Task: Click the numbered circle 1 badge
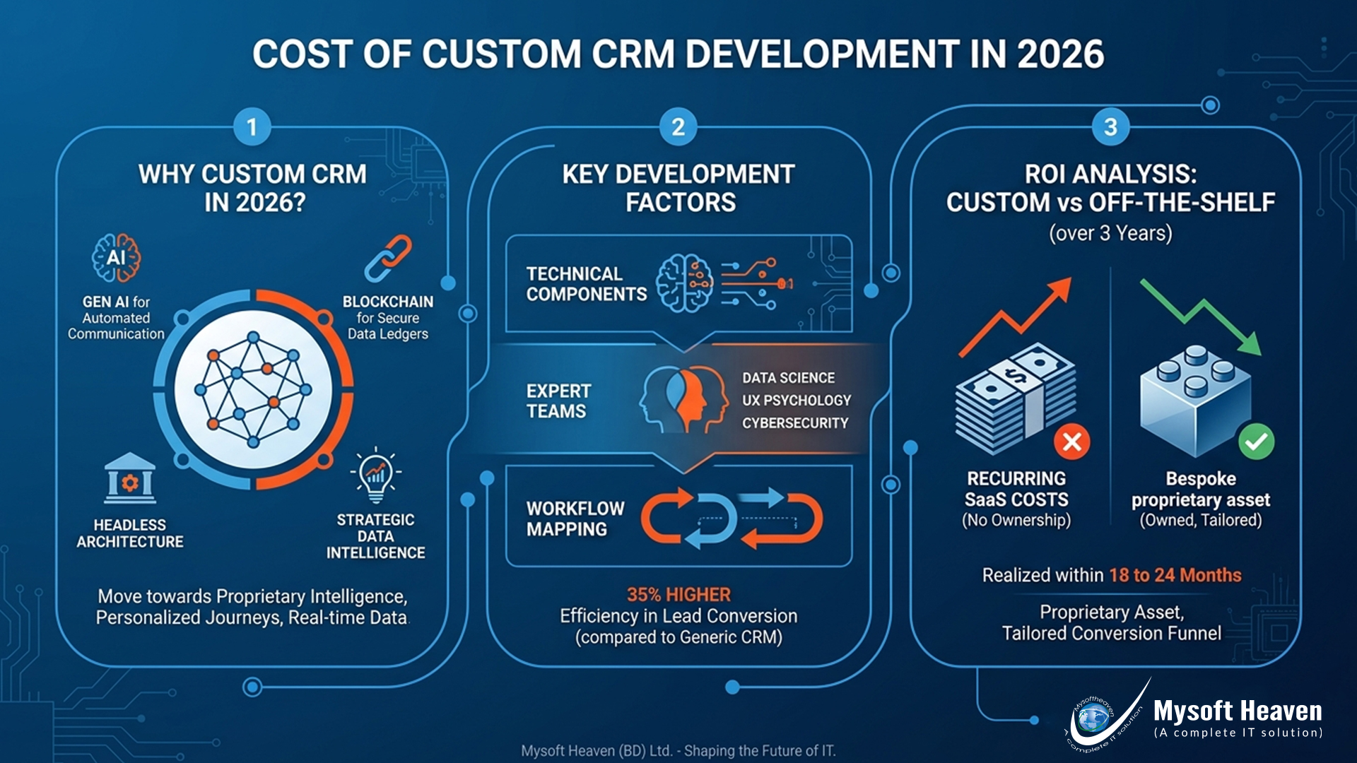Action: pyautogui.click(x=252, y=127)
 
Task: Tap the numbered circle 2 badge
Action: pyautogui.click(x=678, y=127)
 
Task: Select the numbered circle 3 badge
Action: pyautogui.click(x=1110, y=127)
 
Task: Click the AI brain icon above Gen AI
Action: pyautogui.click(x=116, y=258)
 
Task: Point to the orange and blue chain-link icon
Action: pyautogui.click(x=388, y=259)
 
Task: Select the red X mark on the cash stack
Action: pyautogui.click(x=1071, y=442)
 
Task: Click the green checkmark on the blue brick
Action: pyautogui.click(x=1256, y=442)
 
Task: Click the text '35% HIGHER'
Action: pyautogui.click(x=678, y=595)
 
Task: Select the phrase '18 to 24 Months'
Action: pyautogui.click(x=1175, y=575)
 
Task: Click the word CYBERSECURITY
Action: pyautogui.click(x=795, y=423)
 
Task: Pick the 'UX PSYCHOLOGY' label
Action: pyautogui.click(x=797, y=401)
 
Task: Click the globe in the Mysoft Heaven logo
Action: pyautogui.click(x=1092, y=719)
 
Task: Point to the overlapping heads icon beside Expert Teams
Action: pyautogui.click(x=683, y=399)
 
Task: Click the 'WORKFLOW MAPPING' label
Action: pyautogui.click(x=575, y=519)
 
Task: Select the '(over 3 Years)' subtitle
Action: pyautogui.click(x=1110, y=233)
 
